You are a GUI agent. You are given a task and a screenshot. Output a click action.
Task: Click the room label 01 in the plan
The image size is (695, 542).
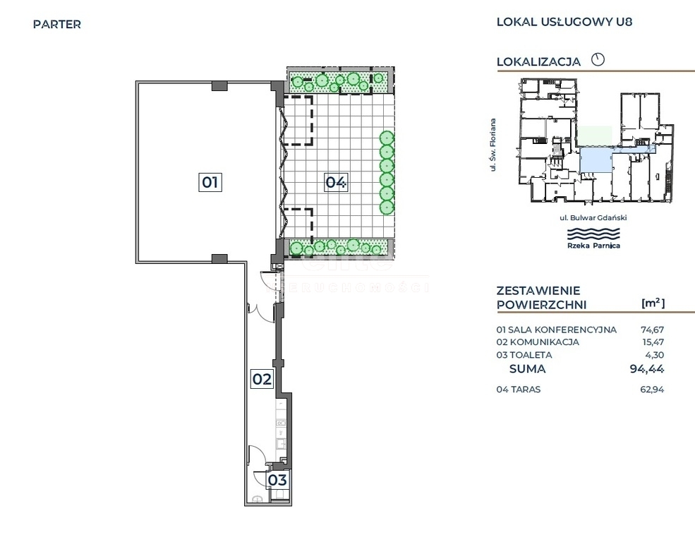(x=210, y=182)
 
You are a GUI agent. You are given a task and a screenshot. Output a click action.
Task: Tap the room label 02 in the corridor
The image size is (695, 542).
(x=262, y=379)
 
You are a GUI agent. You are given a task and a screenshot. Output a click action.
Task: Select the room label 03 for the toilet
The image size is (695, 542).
(x=277, y=480)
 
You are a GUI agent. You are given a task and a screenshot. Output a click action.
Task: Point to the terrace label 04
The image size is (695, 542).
(x=336, y=181)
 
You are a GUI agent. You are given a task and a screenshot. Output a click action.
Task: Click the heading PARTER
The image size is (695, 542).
(x=57, y=25)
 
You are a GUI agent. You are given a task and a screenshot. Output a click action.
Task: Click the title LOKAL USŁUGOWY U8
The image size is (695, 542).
(x=564, y=22)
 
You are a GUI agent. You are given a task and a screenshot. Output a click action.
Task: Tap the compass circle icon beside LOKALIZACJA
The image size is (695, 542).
(x=598, y=59)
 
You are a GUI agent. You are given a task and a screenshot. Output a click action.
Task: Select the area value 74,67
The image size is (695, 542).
(x=653, y=330)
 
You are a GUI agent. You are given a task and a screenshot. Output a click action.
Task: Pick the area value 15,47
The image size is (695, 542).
(x=653, y=342)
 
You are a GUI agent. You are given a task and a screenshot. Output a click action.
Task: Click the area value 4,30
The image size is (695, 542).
(x=655, y=355)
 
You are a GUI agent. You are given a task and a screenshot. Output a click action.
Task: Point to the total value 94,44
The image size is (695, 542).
(x=647, y=368)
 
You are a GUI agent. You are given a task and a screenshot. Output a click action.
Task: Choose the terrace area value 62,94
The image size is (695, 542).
(x=653, y=390)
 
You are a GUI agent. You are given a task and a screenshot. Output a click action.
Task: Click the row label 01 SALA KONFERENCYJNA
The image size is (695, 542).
(x=556, y=330)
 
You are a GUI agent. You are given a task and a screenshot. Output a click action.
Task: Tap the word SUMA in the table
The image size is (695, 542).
(x=528, y=368)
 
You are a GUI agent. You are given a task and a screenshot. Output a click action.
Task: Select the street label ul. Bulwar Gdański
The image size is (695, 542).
(x=593, y=217)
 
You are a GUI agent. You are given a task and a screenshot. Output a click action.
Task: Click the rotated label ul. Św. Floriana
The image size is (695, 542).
(x=493, y=145)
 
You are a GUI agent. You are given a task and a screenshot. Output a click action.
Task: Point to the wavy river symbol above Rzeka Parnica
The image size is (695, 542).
(x=594, y=234)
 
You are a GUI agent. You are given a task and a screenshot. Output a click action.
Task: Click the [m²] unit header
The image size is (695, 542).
(x=653, y=303)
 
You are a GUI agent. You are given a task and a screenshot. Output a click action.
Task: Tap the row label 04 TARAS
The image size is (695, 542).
(x=519, y=390)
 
